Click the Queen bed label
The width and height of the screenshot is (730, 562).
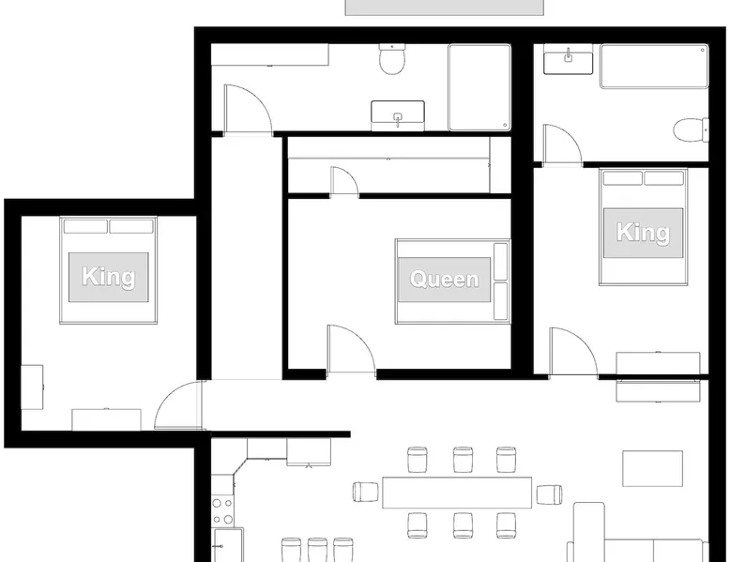(x=444, y=280)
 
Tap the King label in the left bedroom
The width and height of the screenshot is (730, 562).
(x=109, y=277)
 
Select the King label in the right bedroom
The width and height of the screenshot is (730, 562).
(x=643, y=233)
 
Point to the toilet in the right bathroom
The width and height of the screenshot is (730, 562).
(x=691, y=129)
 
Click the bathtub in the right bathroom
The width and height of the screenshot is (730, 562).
(x=654, y=66)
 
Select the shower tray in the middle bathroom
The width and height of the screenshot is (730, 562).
(x=479, y=87)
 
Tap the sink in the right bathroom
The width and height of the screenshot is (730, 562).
(x=568, y=63)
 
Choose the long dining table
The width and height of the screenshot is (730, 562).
(x=457, y=493)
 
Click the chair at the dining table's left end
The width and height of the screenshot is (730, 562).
(x=365, y=493)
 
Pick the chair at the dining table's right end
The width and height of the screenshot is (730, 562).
(x=549, y=494)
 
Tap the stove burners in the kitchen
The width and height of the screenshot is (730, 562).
(x=222, y=510)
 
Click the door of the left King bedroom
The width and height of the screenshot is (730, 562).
(x=179, y=405)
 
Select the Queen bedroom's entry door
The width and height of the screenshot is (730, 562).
(x=352, y=349)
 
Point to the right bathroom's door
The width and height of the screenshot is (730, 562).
(x=562, y=144)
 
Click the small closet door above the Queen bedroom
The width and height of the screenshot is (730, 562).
(x=344, y=182)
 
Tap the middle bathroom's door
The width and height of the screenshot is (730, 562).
(x=248, y=110)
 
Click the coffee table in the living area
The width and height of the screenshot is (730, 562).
(x=653, y=468)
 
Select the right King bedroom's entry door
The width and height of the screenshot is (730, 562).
(x=573, y=352)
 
